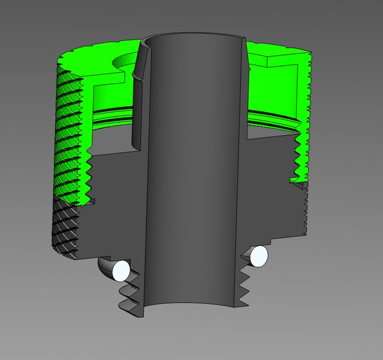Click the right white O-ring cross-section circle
tap(259, 256)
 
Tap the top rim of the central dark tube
tap(191, 37)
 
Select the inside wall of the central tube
tap(191, 169)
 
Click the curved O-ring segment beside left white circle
tap(105, 267)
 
